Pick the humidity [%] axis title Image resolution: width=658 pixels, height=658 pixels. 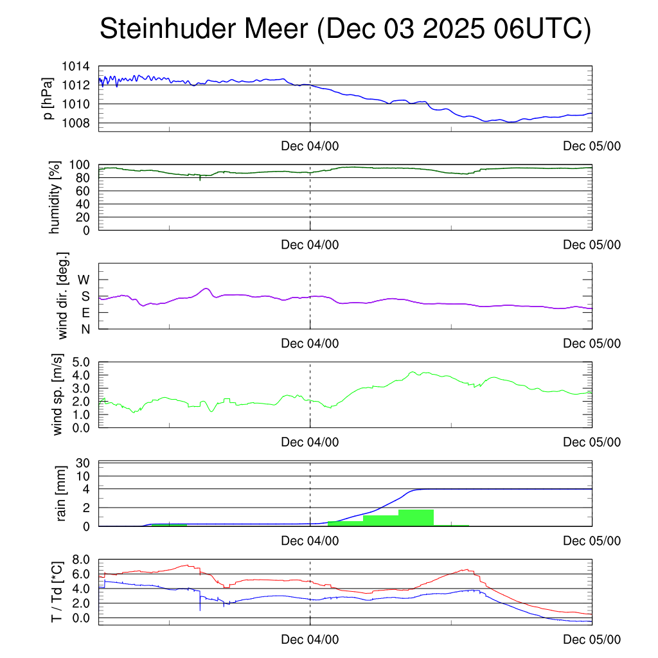coord(55,197)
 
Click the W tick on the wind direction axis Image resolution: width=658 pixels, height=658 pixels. coord(84,280)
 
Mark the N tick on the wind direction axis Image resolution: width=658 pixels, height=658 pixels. coord(85,329)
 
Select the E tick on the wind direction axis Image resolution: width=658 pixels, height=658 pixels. coord(85,313)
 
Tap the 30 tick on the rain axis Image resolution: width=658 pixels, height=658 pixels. coord(87,463)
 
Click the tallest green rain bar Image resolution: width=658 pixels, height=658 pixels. coord(416,518)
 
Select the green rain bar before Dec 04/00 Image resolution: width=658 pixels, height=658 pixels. coord(169,525)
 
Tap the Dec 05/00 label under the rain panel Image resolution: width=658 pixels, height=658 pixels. coord(592,541)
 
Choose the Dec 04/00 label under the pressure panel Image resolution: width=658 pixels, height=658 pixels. coord(310,146)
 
